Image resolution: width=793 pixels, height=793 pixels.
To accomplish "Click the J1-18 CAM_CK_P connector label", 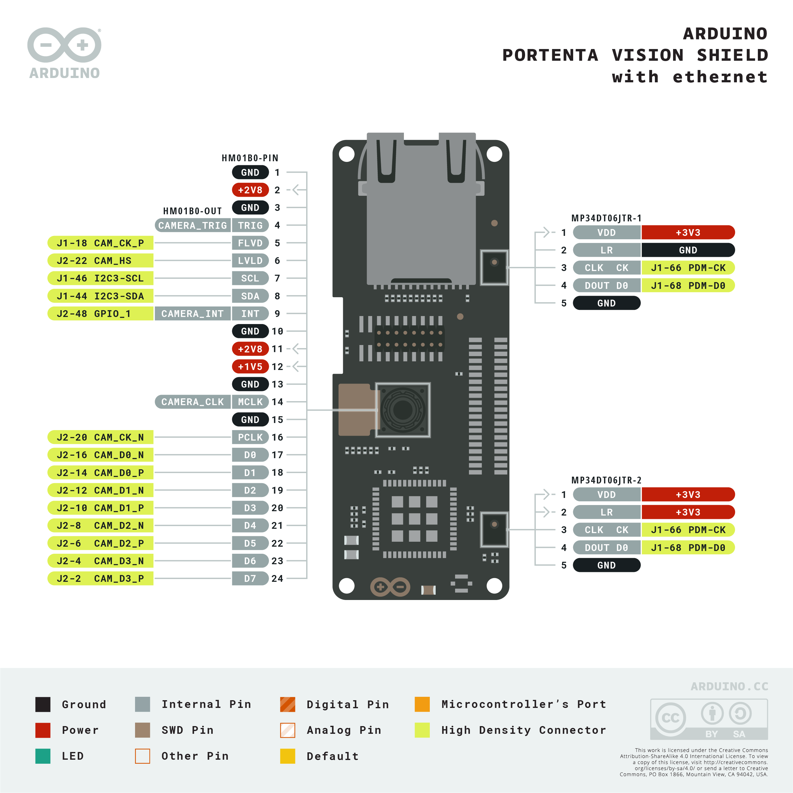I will (x=101, y=243).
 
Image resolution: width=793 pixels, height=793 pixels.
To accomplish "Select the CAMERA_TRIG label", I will (x=192, y=225).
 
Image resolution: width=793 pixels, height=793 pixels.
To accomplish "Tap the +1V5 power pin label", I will (x=250, y=367).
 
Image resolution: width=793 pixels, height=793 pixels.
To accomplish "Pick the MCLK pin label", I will (x=250, y=402).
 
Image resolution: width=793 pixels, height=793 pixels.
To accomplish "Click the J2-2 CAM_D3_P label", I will (x=101, y=578).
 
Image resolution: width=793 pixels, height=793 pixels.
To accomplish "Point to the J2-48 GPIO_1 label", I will (x=101, y=314).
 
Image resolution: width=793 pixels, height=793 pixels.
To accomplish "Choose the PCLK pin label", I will (x=250, y=437).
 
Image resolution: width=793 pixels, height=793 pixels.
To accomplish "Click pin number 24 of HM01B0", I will (x=277, y=578).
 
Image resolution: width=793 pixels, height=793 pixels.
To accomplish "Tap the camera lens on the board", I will (x=403, y=410).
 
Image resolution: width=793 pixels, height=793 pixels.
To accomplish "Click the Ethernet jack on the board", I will (x=421, y=209).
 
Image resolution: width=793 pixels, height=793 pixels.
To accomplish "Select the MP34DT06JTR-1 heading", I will (x=606, y=218).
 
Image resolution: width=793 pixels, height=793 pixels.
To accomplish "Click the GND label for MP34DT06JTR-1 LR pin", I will (x=688, y=250).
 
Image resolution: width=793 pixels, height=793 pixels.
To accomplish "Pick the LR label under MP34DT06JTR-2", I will (x=606, y=512).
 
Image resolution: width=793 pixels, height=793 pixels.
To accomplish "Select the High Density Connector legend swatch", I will (x=422, y=730).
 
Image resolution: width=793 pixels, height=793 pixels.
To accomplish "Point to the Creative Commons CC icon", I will (x=670, y=718).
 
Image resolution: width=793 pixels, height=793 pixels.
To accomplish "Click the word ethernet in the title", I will (x=720, y=77).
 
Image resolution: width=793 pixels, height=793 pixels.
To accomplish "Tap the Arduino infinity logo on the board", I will (x=390, y=587).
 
